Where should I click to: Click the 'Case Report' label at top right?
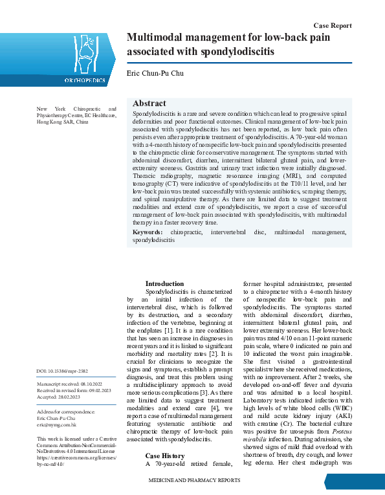[333, 25]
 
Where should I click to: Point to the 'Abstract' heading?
[149, 104]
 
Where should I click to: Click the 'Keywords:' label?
[148, 232]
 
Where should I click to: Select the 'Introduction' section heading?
[164, 283]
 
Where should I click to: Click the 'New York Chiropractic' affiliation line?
[76, 109]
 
